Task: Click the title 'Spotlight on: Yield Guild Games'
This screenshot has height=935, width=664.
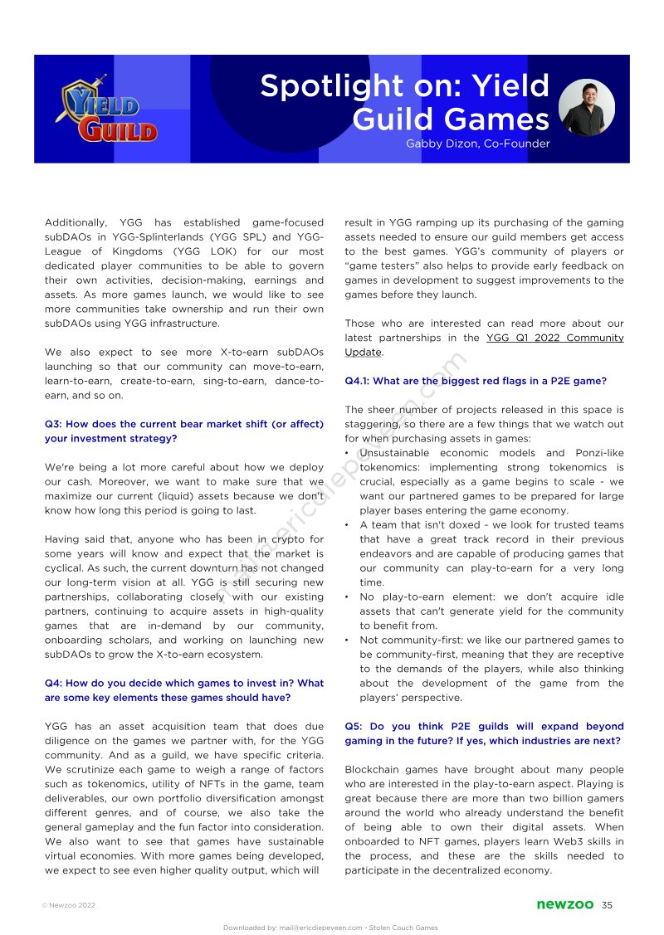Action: click(x=404, y=102)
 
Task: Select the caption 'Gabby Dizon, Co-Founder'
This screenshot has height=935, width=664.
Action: click(x=477, y=144)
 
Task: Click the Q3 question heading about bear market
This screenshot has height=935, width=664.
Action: click(x=183, y=431)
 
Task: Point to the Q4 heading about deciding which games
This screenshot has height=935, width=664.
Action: click(x=183, y=690)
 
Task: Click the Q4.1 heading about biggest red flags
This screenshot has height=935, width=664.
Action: click(x=475, y=381)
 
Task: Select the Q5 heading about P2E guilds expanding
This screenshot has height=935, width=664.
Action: click(x=484, y=733)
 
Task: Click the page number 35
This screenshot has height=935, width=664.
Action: click(x=607, y=904)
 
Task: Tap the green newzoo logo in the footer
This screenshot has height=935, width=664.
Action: click(x=564, y=904)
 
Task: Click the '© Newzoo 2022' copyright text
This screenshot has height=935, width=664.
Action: click(x=68, y=905)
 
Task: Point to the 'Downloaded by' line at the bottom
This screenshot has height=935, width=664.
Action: click(x=330, y=928)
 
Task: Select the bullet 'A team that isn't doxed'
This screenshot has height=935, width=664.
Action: click(x=491, y=553)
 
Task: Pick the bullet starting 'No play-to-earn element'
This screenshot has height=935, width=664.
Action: click(x=491, y=611)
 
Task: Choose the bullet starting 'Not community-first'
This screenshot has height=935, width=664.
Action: click(x=491, y=669)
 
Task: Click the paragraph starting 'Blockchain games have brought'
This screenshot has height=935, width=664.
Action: click(x=484, y=820)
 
